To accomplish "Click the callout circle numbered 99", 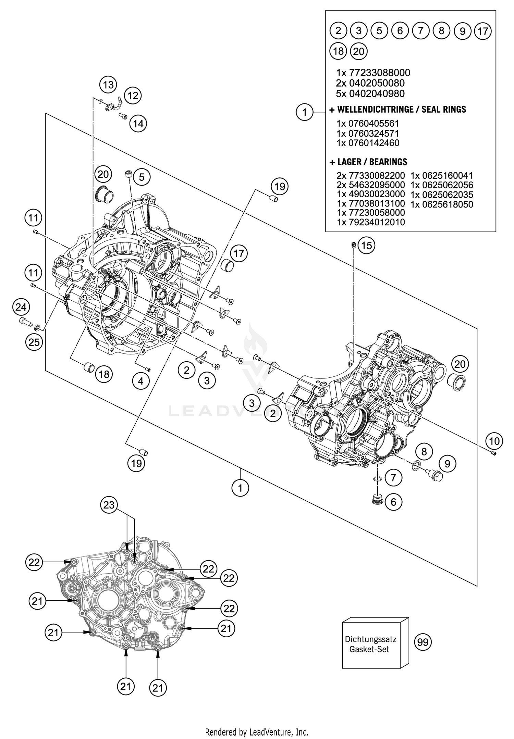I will [x=423, y=642].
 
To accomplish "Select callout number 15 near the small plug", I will [x=366, y=246].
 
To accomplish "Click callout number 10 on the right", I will [x=494, y=441].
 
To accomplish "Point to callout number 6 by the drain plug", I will [x=393, y=502].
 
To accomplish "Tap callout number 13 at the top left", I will [x=108, y=84].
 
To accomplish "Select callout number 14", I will [x=138, y=123].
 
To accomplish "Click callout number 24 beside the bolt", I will [x=21, y=307].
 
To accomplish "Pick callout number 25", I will [x=34, y=342].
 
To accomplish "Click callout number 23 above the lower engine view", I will [x=109, y=505].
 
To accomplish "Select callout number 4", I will [x=141, y=381].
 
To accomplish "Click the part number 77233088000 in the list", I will [x=379, y=73].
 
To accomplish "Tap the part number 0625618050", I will [x=442, y=204].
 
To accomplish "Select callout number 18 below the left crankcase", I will [x=104, y=374].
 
